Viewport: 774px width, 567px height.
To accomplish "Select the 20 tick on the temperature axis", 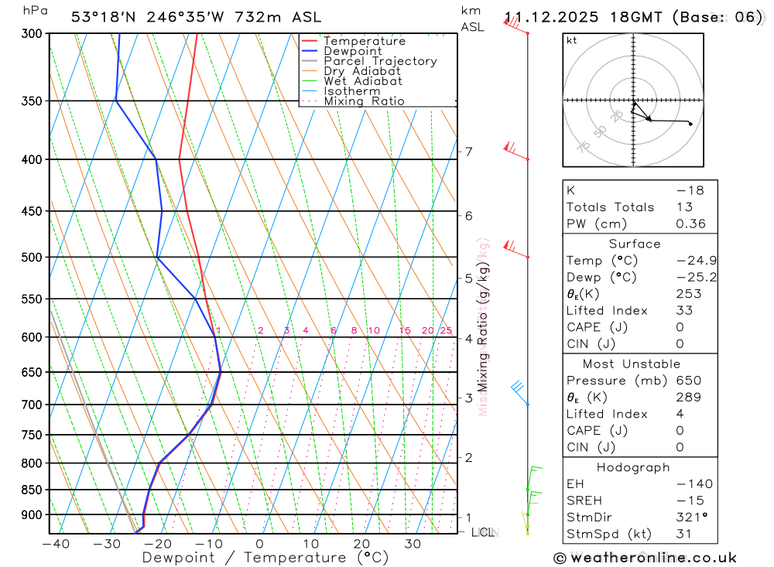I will pyautogui.click(x=361, y=544).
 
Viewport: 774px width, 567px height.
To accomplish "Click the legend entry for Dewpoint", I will pyautogui.click(x=352, y=51).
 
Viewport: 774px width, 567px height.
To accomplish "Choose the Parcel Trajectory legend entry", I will pyautogui.click(x=379, y=61).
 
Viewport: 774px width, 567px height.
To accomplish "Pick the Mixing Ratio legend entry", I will pyautogui.click(x=364, y=101).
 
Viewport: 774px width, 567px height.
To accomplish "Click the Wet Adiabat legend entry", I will pyautogui.click(x=363, y=81).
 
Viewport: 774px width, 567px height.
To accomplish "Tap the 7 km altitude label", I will pyautogui.click(x=469, y=152).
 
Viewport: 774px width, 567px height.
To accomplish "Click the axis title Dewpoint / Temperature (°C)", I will pyautogui.click(x=255, y=558).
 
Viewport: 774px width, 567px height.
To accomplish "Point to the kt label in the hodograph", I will pyautogui.click(x=572, y=41).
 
